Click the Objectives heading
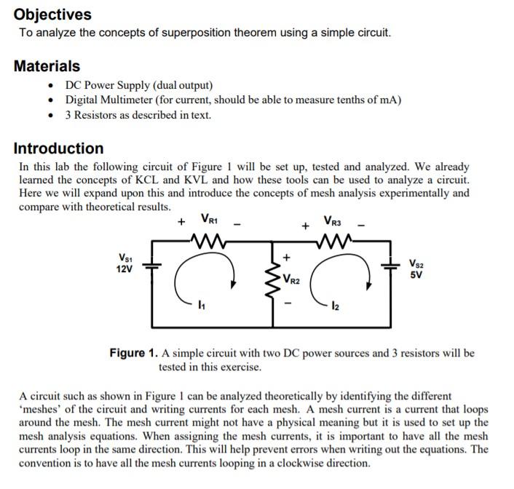point(52,14)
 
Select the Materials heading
point(47,65)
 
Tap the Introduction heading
point(59,148)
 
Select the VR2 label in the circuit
point(291,277)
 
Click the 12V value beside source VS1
point(124,269)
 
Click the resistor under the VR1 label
point(207,238)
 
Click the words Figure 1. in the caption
point(133,354)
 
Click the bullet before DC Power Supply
point(48,85)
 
